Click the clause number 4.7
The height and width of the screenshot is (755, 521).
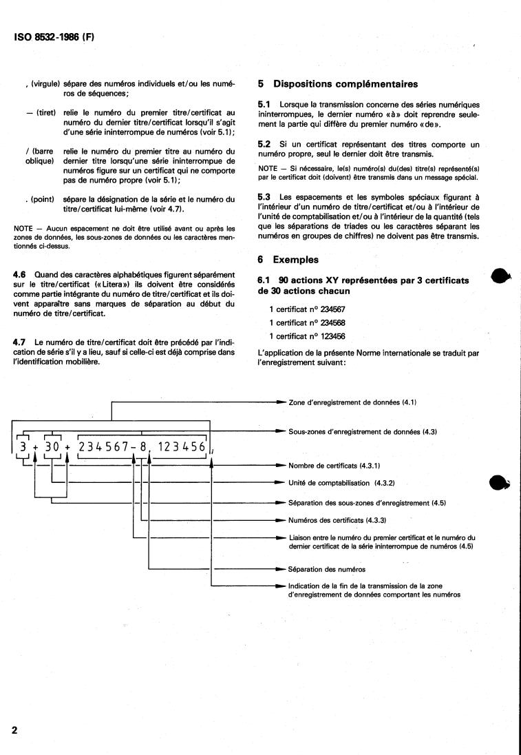21,342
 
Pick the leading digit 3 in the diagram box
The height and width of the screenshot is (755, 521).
23,448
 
